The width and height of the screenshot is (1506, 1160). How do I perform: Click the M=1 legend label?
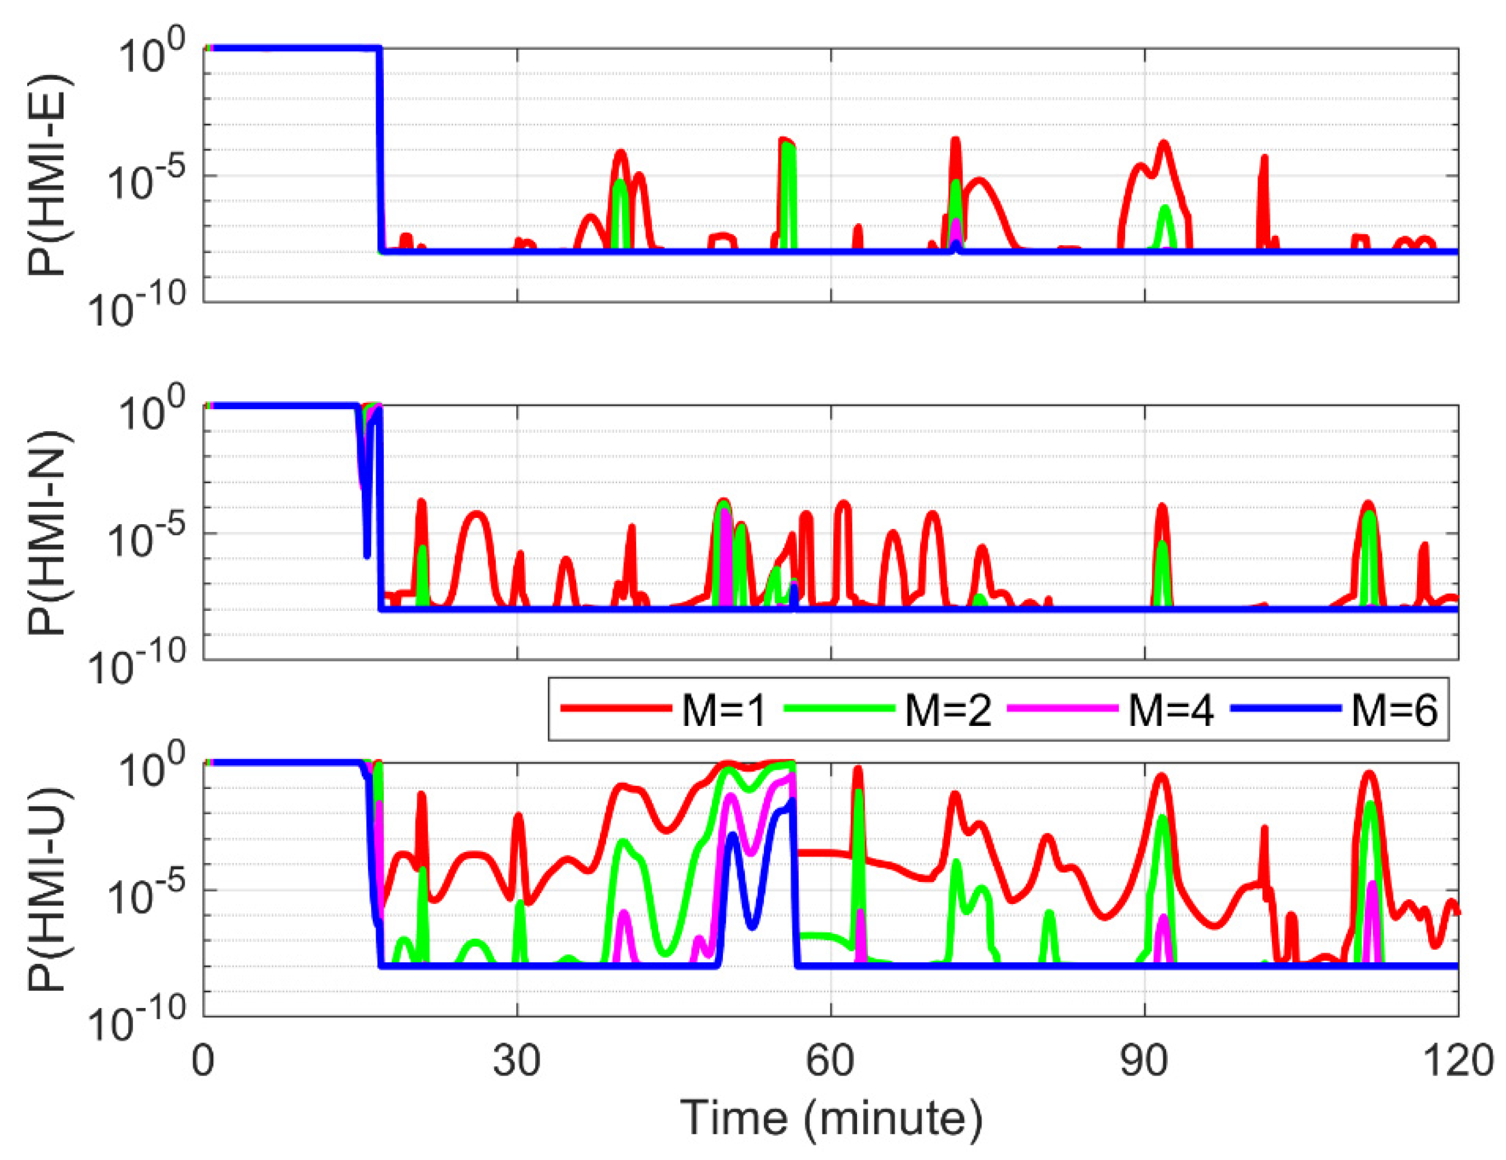pyautogui.click(x=724, y=710)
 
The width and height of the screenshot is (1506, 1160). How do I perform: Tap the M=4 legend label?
pyautogui.click(x=1170, y=710)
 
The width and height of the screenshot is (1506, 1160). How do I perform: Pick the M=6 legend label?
pyautogui.click(x=1394, y=710)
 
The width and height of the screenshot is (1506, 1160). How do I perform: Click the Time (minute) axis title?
pyautogui.click(x=831, y=1118)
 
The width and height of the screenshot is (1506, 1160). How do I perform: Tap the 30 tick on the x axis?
pyautogui.click(x=517, y=1061)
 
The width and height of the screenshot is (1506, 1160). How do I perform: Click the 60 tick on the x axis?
pyautogui.click(x=830, y=1061)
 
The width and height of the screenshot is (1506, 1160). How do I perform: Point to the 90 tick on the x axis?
pyautogui.click(x=1144, y=1061)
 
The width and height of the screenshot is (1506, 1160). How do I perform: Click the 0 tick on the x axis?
pyautogui.click(x=203, y=1061)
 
